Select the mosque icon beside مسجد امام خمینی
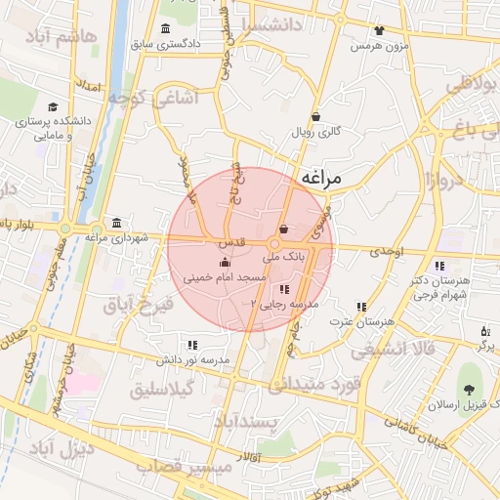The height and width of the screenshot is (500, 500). (x=226, y=262)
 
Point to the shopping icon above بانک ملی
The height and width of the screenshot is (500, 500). (x=283, y=230)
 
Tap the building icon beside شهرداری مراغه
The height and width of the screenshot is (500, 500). (x=117, y=222)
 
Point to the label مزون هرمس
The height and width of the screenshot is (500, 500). (x=379, y=46)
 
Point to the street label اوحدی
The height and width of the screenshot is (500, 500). (x=387, y=252)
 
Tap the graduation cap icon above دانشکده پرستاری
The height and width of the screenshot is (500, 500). (x=53, y=108)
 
